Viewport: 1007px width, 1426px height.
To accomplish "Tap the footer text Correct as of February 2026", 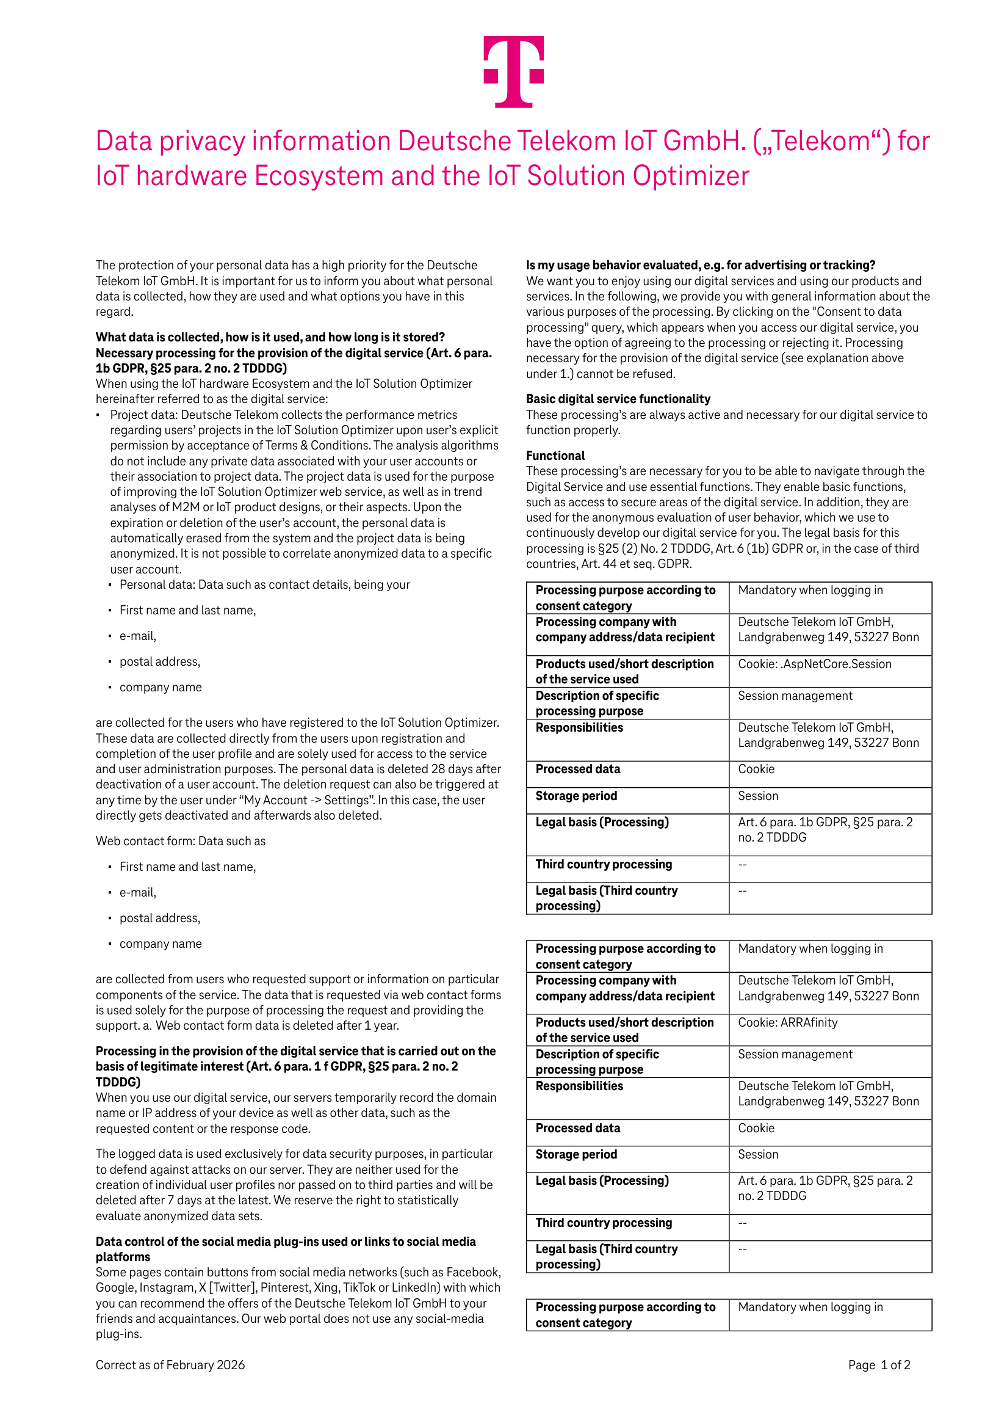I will click(170, 1364).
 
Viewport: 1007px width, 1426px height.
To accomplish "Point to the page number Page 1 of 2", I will click(878, 1364).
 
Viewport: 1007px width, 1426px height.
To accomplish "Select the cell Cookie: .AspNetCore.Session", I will click(814, 664).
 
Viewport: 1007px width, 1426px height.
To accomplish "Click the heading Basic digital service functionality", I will click(618, 399).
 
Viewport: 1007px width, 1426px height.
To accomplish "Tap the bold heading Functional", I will click(555, 455).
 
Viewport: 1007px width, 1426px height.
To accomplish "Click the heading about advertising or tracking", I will click(700, 265).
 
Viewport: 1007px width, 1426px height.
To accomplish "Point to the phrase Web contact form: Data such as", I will click(180, 841).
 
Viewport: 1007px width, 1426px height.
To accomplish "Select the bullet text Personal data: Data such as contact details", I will click(264, 584).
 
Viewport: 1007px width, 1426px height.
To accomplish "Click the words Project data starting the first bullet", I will click(143, 415).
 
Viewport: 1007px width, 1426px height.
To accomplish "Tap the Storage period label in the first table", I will click(576, 796).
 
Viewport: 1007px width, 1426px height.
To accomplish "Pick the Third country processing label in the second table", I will click(604, 1222).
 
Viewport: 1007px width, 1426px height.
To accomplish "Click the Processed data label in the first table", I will click(577, 769).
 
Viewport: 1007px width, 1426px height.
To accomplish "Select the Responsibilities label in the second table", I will click(579, 1086).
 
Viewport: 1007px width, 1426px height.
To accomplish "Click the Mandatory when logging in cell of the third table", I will click(810, 1307).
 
